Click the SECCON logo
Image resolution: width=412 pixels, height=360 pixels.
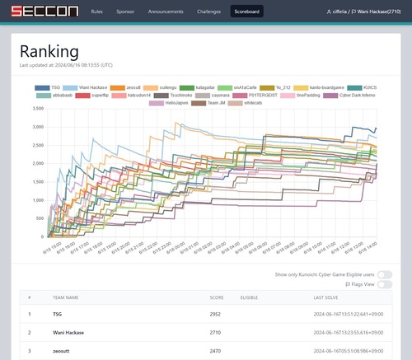40,12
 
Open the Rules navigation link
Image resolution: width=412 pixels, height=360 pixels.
97,13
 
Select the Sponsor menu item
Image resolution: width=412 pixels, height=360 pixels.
125,13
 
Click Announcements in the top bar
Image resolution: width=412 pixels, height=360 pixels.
166,13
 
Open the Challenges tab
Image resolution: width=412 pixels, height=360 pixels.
208,13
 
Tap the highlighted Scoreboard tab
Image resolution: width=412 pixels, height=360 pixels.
247,13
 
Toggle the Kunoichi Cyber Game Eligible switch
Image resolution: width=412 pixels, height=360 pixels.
384,274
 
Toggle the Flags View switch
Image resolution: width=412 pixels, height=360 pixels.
384,285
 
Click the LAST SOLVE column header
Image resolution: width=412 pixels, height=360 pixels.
325,297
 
